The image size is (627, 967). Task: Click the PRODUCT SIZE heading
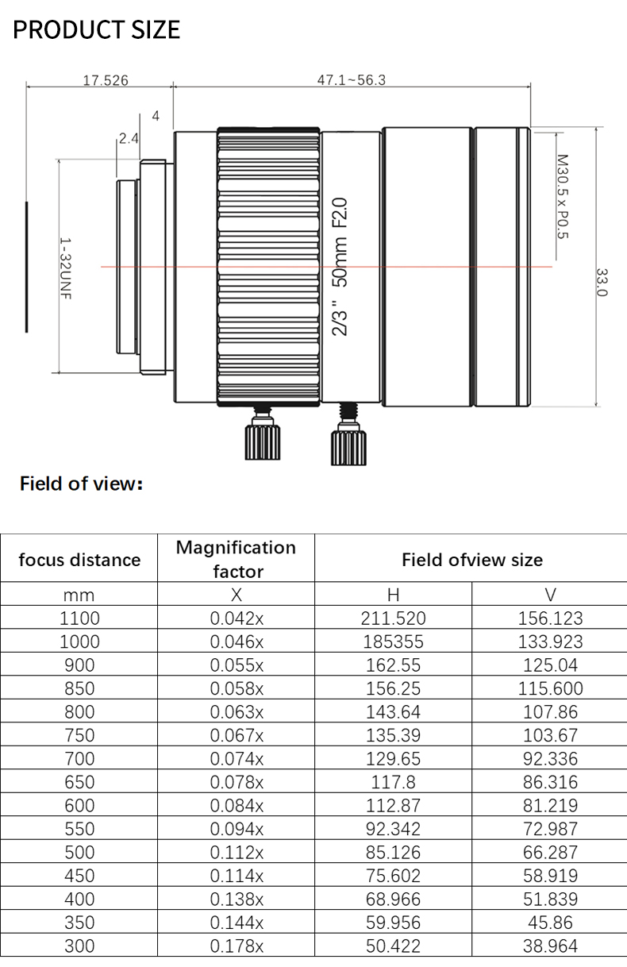(x=97, y=29)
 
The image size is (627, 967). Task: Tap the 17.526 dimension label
(x=106, y=80)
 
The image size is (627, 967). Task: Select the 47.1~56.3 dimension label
(x=351, y=80)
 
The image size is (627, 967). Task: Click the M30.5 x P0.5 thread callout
(x=563, y=196)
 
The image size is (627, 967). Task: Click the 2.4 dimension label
(x=129, y=138)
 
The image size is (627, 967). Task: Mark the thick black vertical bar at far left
(x=26, y=267)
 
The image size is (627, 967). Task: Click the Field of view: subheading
(x=81, y=483)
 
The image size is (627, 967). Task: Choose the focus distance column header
(x=79, y=560)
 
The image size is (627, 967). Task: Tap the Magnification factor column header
(x=236, y=559)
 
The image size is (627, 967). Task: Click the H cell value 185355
(x=393, y=641)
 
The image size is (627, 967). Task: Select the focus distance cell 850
(x=79, y=688)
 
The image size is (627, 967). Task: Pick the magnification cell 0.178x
(x=236, y=946)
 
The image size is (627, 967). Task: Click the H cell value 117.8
(x=393, y=782)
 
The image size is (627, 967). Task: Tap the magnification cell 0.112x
(x=236, y=852)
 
